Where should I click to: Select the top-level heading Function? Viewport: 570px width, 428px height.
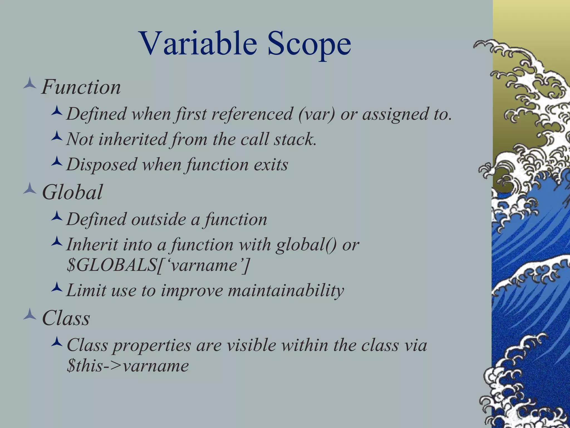pos(81,87)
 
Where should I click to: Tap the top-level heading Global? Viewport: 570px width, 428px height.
pos(72,192)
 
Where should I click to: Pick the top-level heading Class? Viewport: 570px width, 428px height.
pos(66,318)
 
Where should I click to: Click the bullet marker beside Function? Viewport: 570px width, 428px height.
pos(30,84)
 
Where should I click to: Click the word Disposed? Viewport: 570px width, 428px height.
pos(102,164)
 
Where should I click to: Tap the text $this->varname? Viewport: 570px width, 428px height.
pos(128,366)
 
